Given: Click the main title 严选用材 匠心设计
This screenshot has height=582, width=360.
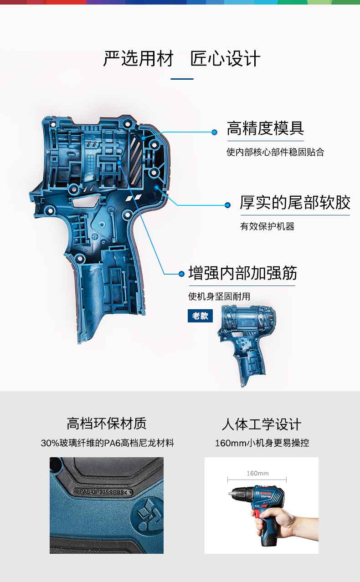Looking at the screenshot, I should point(181,59).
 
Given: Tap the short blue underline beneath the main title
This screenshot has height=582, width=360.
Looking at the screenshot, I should point(182,79).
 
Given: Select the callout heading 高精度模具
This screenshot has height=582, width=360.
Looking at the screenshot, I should point(265,128).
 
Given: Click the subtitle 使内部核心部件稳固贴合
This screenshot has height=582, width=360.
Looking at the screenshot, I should point(275,152).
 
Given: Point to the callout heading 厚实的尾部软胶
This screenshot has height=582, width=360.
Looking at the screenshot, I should point(295,203).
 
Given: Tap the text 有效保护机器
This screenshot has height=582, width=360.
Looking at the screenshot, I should point(267,226).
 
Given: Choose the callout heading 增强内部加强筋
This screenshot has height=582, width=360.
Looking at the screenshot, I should point(242,273).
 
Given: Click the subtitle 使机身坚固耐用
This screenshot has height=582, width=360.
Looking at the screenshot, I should point(219,296).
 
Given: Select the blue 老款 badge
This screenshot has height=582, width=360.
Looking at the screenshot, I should point(200,316).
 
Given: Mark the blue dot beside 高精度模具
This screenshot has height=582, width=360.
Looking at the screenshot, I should point(214,132).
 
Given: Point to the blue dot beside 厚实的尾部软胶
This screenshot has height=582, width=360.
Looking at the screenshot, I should point(227,205).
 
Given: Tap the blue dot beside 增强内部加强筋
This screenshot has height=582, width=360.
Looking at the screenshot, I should point(181,274).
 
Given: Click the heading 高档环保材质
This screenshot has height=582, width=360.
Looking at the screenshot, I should point(107,424).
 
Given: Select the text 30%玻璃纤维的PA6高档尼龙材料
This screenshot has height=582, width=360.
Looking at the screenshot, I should point(107,443).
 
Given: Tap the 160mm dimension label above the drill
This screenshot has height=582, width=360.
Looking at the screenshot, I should point(257,473).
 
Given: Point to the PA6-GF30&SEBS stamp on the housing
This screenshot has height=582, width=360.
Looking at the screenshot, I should point(105,492).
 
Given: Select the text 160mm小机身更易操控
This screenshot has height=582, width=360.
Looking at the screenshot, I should point(262,443).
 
